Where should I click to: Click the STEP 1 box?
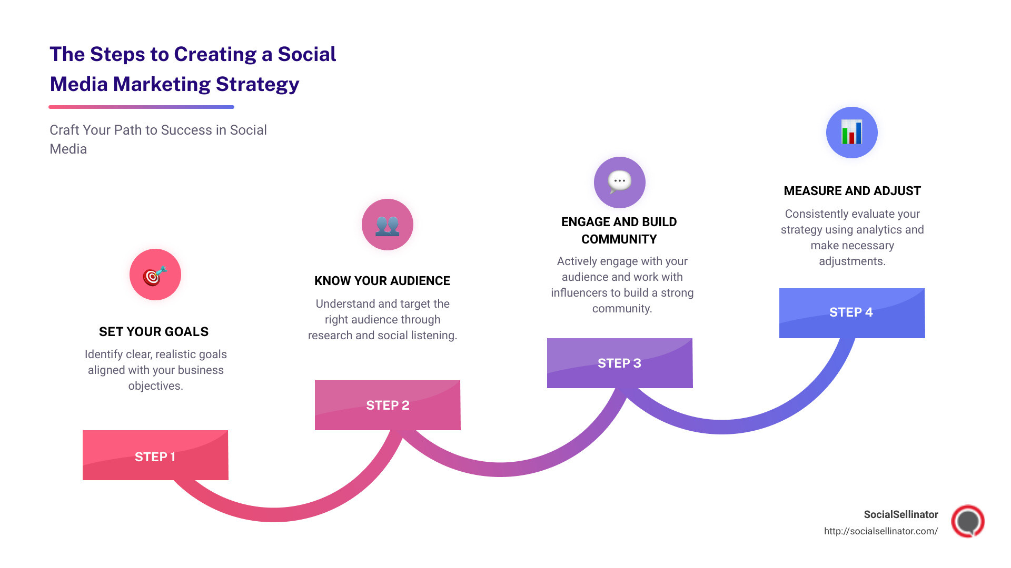(x=155, y=455)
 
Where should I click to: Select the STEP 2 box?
(x=388, y=405)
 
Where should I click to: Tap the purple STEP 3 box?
(x=620, y=363)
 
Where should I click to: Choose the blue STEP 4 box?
(x=852, y=312)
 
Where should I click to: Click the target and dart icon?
(x=155, y=275)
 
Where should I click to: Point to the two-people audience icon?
(x=388, y=225)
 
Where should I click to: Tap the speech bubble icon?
(x=620, y=182)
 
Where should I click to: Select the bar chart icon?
(x=851, y=133)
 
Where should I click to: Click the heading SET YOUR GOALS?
(x=154, y=332)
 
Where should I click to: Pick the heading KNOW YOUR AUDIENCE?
(x=382, y=281)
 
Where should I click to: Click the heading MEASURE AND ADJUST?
(x=852, y=191)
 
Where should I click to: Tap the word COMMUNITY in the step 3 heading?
(x=619, y=239)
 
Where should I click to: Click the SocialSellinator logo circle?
(x=968, y=521)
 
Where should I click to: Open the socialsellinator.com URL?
(x=881, y=531)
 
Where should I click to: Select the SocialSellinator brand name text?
(x=901, y=514)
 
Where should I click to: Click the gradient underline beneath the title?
(x=141, y=107)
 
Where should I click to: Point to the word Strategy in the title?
(x=257, y=84)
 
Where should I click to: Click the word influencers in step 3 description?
(x=579, y=293)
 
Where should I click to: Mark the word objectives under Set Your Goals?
(x=156, y=386)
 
